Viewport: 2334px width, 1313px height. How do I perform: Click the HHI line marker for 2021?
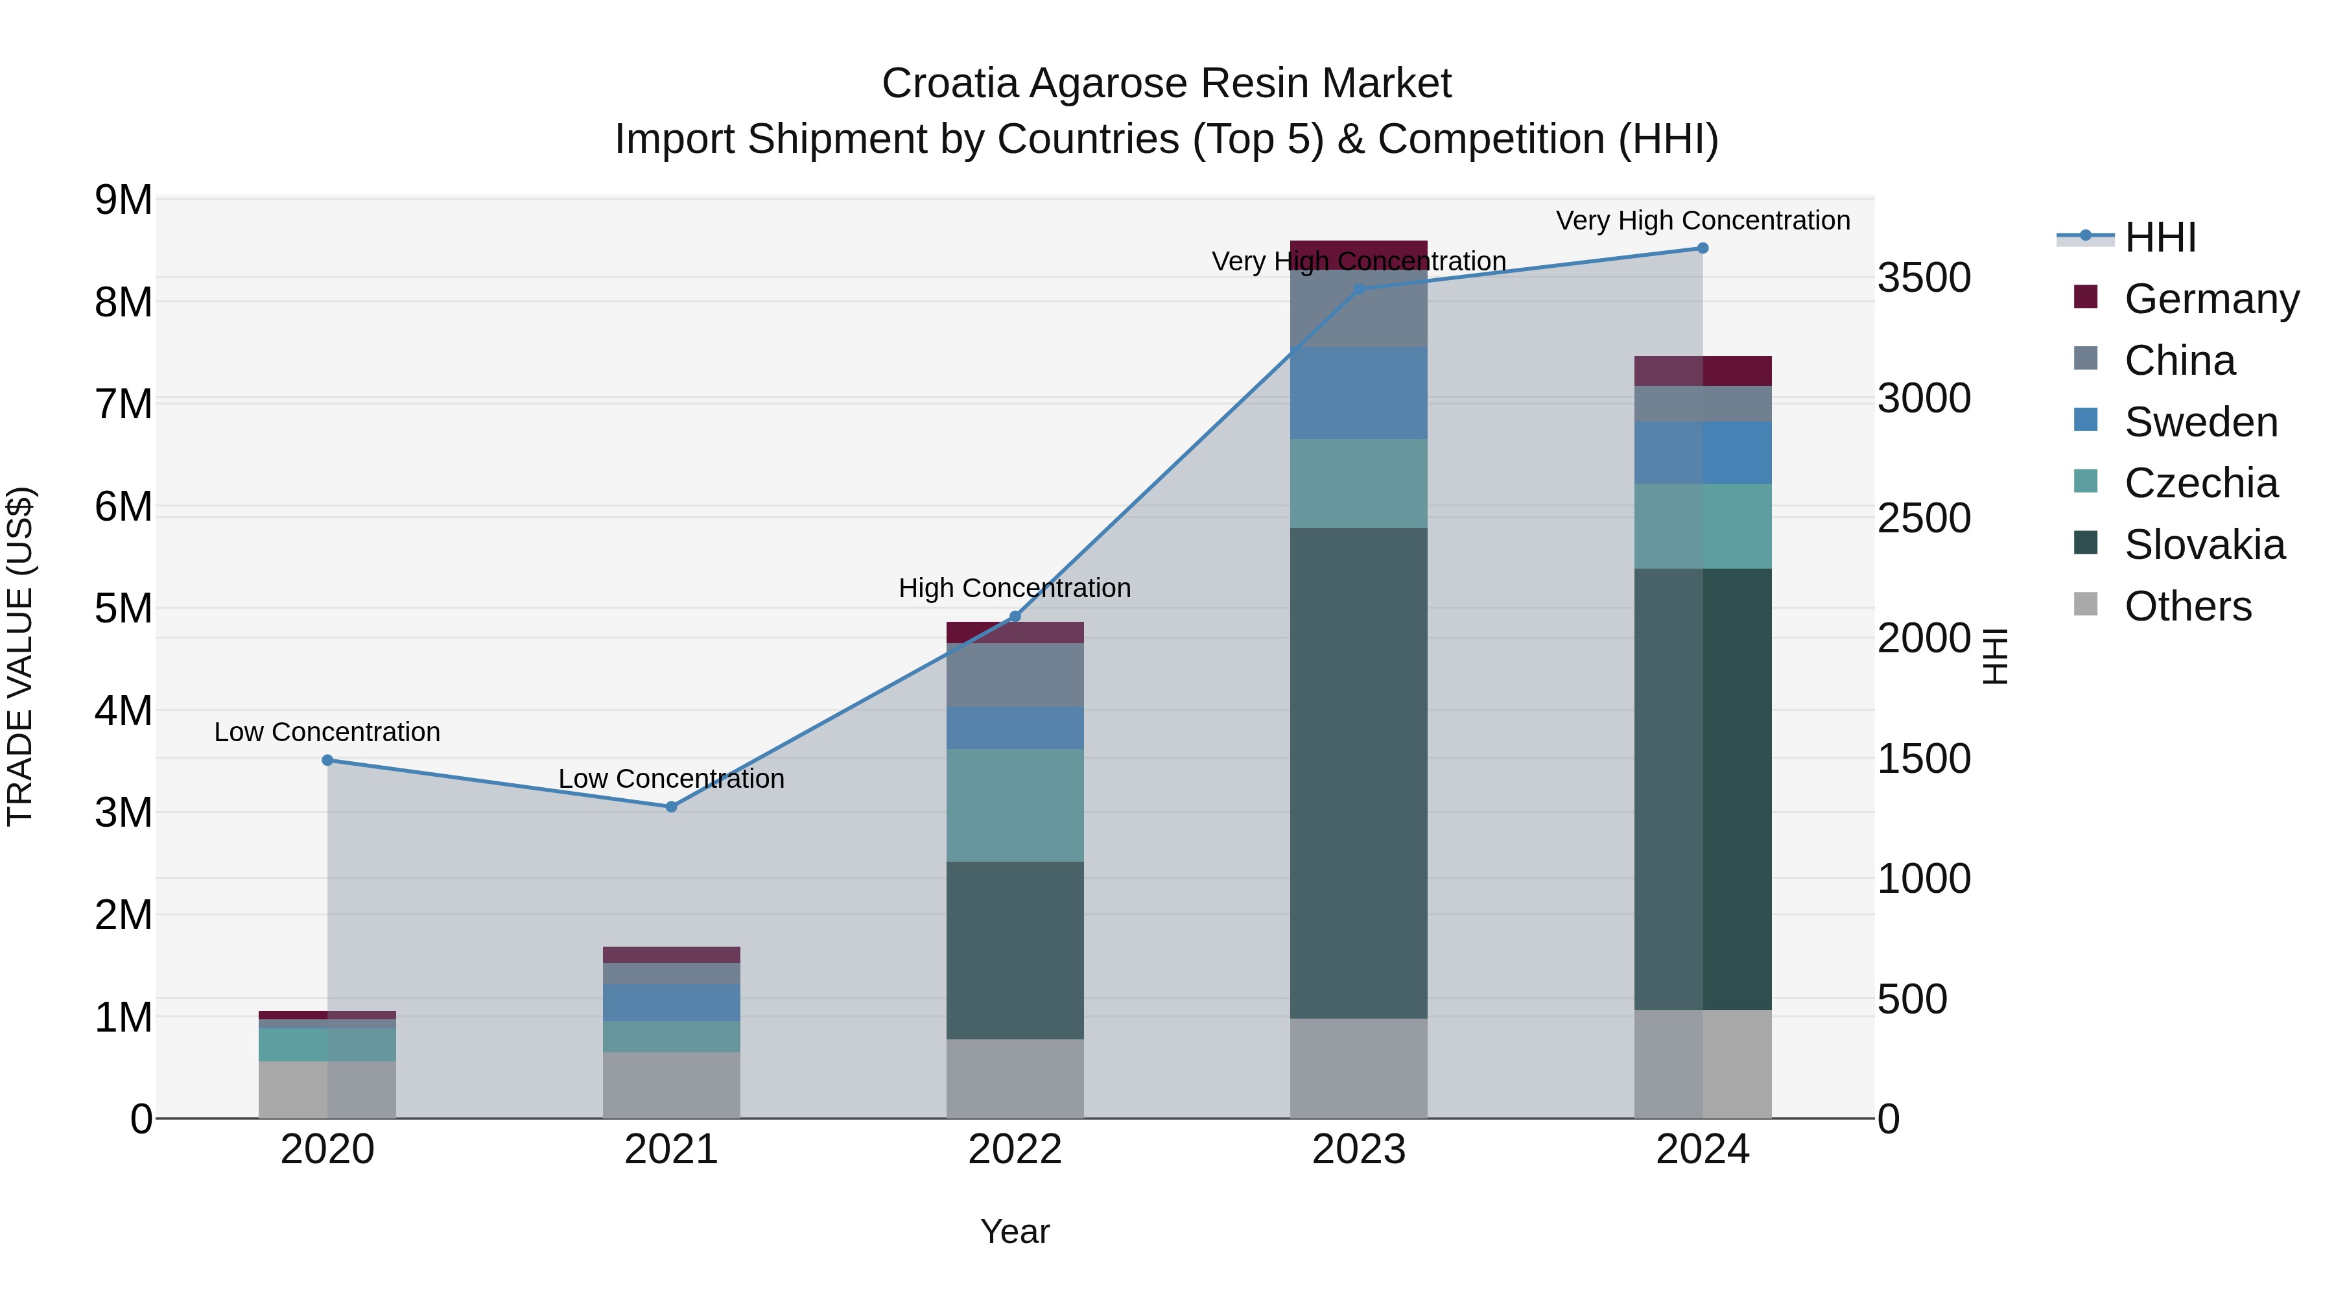tap(672, 807)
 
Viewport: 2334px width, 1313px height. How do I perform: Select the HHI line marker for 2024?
tap(1703, 248)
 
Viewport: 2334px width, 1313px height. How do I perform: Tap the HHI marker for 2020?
tap(328, 761)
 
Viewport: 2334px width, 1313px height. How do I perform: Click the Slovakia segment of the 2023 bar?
tap(1358, 772)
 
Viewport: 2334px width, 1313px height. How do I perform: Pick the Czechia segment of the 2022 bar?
tap(1015, 805)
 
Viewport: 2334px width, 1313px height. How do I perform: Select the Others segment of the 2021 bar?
tap(672, 1085)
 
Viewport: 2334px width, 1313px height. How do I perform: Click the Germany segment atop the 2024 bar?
tap(1703, 371)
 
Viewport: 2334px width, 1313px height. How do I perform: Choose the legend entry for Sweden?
tap(2200, 422)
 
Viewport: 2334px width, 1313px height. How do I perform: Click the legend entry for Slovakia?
tap(2204, 545)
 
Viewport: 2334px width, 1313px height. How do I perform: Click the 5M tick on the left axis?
tap(124, 609)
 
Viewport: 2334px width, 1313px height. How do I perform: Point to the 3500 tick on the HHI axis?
tap(1924, 278)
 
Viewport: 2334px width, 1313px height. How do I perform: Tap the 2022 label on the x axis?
tap(1015, 1150)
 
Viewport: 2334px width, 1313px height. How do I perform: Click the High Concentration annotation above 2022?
tap(1015, 588)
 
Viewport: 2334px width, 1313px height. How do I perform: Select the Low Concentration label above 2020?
tap(327, 732)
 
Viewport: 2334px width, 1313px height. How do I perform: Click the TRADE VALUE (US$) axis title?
tap(20, 656)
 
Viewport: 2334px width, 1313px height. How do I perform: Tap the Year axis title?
tap(1015, 1231)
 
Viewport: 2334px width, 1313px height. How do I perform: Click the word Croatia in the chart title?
tap(950, 84)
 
